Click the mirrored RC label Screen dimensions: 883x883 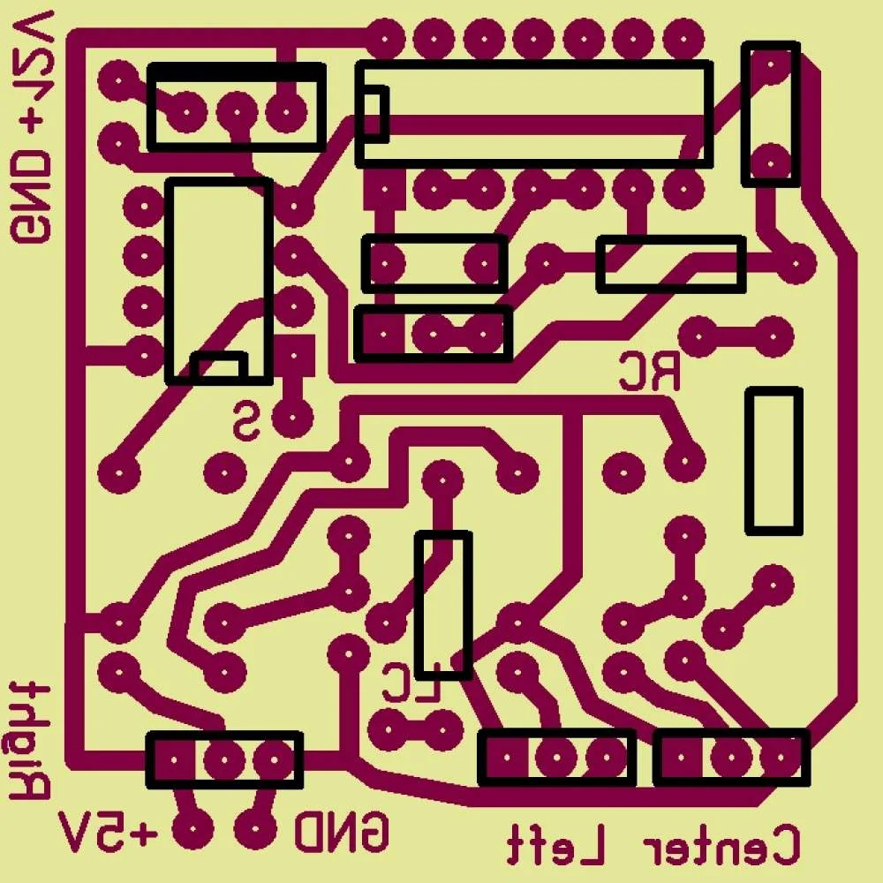pos(650,371)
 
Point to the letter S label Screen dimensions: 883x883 pos(246,421)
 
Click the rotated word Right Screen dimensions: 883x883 pos(30,741)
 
